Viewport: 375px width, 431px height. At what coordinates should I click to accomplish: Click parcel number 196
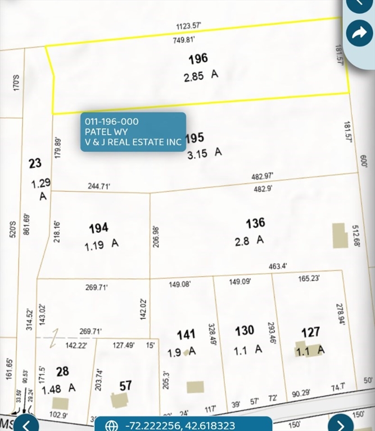point(198,58)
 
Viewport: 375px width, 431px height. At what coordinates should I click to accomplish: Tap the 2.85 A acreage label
point(200,76)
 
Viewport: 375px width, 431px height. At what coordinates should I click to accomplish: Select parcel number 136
point(255,223)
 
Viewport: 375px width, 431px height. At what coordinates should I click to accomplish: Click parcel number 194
point(98,228)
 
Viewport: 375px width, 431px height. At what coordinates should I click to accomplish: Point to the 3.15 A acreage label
point(205,152)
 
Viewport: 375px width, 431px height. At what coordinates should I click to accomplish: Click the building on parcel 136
point(338,236)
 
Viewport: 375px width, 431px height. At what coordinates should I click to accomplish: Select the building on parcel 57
point(119,400)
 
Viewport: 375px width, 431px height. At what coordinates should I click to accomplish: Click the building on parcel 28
point(60,404)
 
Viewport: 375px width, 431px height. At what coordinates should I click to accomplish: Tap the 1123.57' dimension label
point(191,26)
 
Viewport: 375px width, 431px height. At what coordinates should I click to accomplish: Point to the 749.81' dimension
point(184,40)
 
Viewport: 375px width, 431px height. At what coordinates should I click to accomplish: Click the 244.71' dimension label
point(99,186)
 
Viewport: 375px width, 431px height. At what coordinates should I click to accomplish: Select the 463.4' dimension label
point(278,266)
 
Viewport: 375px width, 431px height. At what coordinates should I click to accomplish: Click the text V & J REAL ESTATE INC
point(133,142)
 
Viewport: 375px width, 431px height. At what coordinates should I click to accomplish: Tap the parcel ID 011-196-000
point(112,121)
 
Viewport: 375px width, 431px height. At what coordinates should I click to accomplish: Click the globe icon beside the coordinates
point(112,425)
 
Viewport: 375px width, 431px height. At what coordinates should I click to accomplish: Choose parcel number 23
point(35,163)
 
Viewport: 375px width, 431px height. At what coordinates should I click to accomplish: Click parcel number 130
point(245,331)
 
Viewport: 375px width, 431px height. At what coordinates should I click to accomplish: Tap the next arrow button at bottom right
point(340,424)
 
